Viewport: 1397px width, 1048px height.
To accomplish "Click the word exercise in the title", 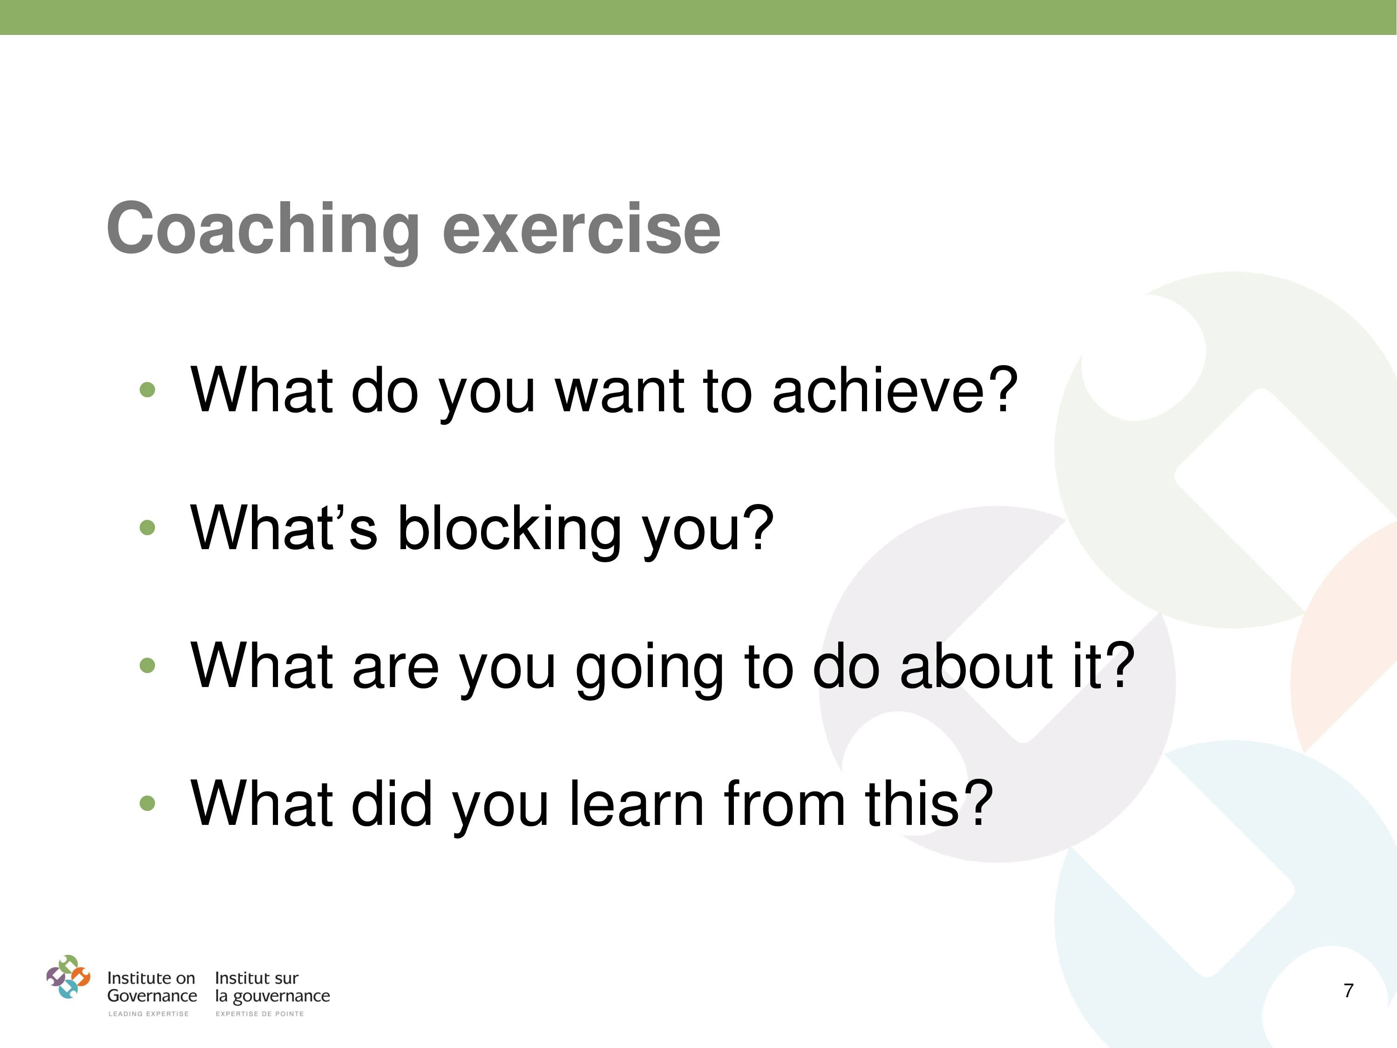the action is click(581, 228).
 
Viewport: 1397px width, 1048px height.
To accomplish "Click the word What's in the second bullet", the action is click(284, 527).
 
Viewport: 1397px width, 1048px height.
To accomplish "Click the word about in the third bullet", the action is click(976, 665).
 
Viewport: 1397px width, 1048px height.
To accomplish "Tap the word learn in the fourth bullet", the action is click(637, 803).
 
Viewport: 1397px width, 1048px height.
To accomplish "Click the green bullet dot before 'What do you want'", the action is click(147, 389).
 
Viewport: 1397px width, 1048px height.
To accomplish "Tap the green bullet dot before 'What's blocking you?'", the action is click(147, 527).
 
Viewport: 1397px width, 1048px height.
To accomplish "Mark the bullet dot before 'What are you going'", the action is click(147, 665).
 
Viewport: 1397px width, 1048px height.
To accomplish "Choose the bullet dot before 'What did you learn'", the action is click(147, 803).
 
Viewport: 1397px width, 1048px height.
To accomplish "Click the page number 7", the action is click(1349, 991).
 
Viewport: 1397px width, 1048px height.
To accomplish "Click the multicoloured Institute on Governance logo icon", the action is click(68, 977).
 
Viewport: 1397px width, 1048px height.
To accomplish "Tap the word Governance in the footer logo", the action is click(152, 996).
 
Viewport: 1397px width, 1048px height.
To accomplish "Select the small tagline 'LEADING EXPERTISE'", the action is click(149, 1014).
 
